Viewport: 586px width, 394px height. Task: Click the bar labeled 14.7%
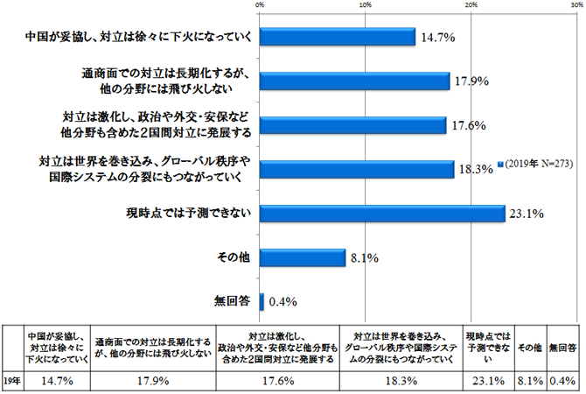[x=337, y=37]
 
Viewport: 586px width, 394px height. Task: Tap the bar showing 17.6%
[x=352, y=124]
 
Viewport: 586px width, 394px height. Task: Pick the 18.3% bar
[x=357, y=168]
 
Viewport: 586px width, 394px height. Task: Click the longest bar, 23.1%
[x=382, y=212]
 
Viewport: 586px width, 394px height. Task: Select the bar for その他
[x=303, y=257]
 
